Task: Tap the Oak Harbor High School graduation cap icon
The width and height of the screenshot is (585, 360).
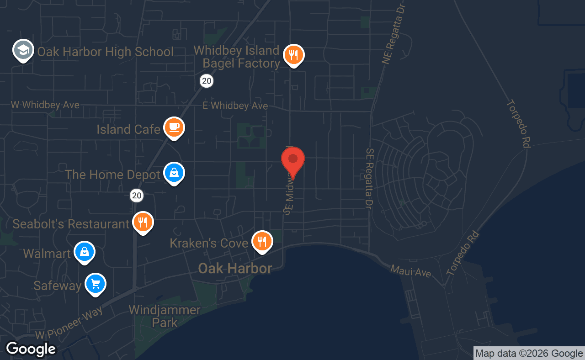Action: [x=23, y=51]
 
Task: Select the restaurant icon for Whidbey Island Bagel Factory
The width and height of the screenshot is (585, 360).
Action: [x=294, y=55]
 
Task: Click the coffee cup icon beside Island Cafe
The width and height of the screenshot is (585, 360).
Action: [x=174, y=127]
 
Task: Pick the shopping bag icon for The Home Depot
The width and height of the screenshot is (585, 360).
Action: [x=174, y=173]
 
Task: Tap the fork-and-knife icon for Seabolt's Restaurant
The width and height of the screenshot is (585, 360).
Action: [x=143, y=222]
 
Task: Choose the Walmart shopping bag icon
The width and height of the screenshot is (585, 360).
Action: [x=85, y=252]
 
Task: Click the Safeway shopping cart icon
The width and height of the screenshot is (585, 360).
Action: [x=96, y=284]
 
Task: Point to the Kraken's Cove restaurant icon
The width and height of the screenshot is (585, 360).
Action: [x=262, y=240]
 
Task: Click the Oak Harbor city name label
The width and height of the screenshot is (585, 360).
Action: [x=235, y=268]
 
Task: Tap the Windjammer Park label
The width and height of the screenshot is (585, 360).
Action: [x=165, y=316]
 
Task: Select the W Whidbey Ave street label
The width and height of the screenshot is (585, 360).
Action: [x=45, y=105]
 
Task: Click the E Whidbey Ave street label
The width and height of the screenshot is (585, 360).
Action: [x=235, y=106]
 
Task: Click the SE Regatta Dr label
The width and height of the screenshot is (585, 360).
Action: [x=369, y=178]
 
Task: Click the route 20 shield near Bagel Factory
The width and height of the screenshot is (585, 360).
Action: [x=207, y=81]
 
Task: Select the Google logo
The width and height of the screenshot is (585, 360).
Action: [x=31, y=349]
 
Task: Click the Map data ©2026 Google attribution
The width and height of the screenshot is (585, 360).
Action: [x=529, y=353]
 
